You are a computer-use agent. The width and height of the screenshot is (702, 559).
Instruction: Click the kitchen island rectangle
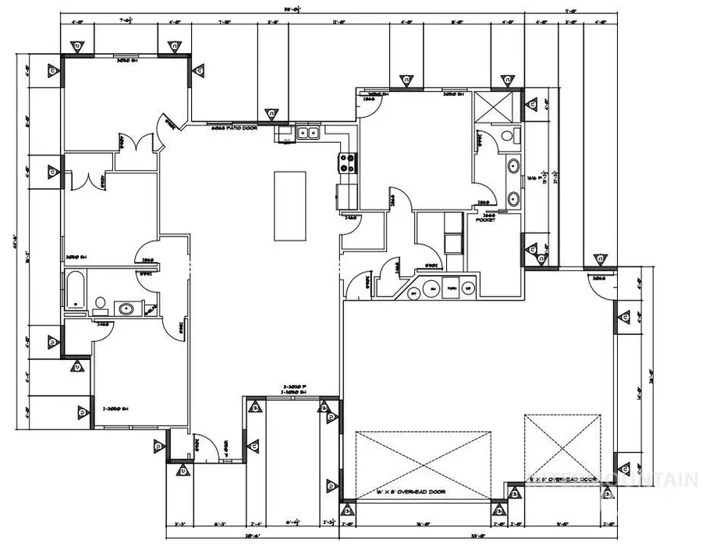[289, 206]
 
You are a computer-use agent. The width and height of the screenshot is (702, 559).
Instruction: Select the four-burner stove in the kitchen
[347, 164]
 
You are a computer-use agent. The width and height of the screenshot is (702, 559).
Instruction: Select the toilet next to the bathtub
[100, 302]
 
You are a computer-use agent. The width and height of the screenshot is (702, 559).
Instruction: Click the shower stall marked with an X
[494, 106]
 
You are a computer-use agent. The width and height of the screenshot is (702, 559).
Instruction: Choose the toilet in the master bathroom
[509, 136]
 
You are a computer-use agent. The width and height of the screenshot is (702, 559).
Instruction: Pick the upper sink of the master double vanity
[514, 166]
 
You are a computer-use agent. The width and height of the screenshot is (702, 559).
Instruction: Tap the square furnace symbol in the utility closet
[451, 289]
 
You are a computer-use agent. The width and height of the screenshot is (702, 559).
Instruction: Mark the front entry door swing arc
[200, 442]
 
